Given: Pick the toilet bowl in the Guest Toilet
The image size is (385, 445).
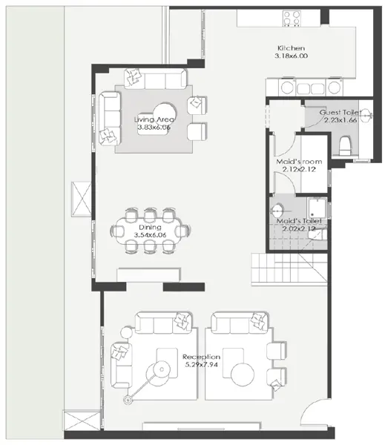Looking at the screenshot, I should pos(343,145).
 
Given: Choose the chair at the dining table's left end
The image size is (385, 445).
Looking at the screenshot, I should pos(119,231).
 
